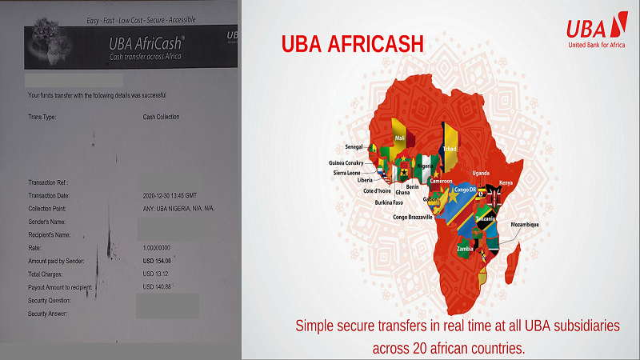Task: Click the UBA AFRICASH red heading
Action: [351, 45]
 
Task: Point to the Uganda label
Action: [480, 173]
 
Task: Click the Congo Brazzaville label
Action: [413, 217]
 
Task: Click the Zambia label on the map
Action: [464, 249]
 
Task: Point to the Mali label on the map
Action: [400, 138]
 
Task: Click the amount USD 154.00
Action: [157, 261]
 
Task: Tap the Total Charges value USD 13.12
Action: [156, 274]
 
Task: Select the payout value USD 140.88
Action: [157, 286]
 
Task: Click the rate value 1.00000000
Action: [158, 247]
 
